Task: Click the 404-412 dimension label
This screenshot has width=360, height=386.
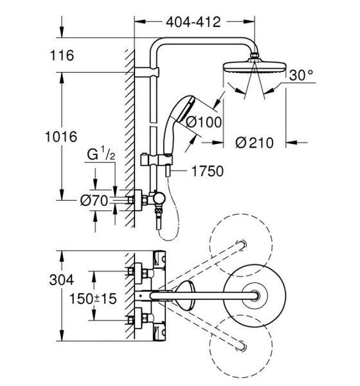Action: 193,22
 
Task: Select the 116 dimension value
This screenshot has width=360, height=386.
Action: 62,55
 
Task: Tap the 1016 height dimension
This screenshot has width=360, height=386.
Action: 61,136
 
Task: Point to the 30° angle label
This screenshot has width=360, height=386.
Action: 301,75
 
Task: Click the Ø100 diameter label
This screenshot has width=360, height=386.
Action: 204,122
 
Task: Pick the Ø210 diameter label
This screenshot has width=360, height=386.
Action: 255,143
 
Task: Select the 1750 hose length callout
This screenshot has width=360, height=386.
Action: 208,171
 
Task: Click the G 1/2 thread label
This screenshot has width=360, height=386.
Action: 101,154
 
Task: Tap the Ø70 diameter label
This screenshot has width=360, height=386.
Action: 94,201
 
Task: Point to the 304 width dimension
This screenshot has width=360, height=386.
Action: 62,280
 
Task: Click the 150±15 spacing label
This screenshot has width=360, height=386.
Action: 93,299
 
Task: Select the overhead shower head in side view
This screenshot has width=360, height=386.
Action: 255,67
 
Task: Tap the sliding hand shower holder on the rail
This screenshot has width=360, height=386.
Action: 156,160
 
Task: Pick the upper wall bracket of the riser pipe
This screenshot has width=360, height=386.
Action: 147,72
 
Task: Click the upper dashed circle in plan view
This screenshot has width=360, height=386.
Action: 241,245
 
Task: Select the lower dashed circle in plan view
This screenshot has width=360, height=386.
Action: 241,346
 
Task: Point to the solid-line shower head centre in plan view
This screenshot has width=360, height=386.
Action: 255,296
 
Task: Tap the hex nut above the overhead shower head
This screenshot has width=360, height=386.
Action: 255,55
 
